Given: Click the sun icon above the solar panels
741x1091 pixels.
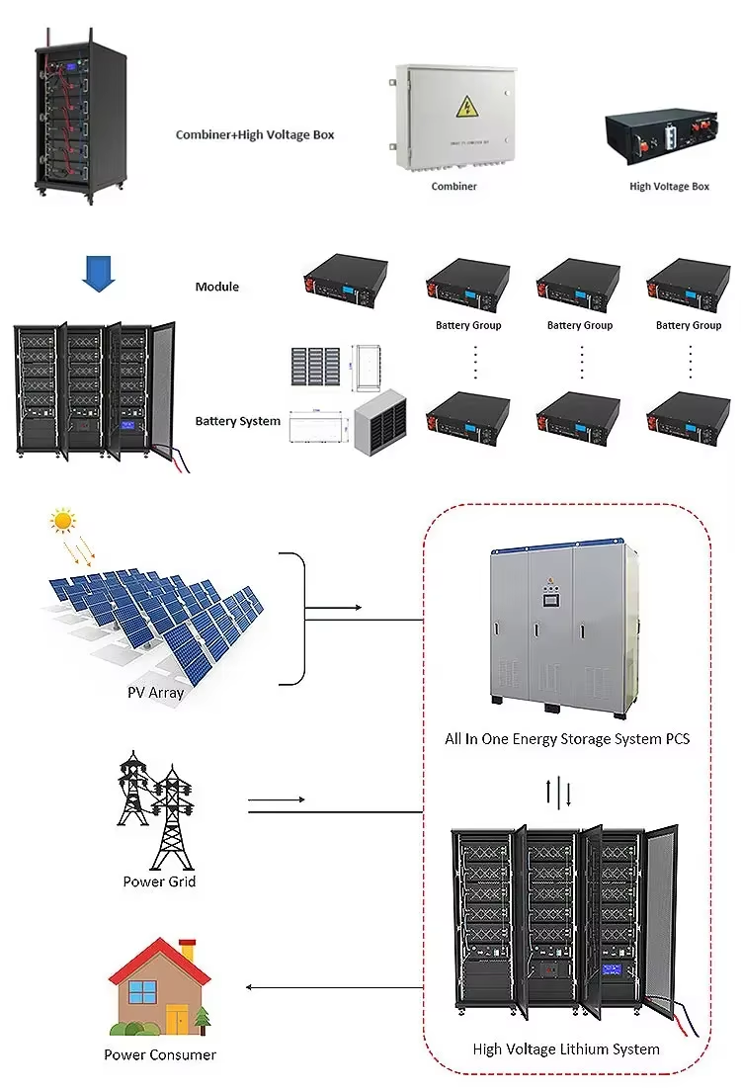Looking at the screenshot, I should tap(63, 520).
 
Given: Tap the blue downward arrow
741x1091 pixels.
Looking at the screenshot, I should tap(98, 273).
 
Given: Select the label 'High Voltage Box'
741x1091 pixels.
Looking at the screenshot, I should tap(669, 186).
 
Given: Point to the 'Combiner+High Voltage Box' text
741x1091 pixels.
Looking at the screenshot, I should tap(255, 134).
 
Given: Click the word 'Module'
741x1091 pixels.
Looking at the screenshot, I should tap(216, 287).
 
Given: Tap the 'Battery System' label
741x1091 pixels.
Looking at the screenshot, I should tap(237, 421).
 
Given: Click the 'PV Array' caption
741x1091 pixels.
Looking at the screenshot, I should tap(156, 693).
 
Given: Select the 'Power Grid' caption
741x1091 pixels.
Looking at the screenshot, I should tap(159, 881).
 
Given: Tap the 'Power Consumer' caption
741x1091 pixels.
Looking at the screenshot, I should tap(160, 1054).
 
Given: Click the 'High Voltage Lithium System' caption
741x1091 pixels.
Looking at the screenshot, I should tap(566, 1049).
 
